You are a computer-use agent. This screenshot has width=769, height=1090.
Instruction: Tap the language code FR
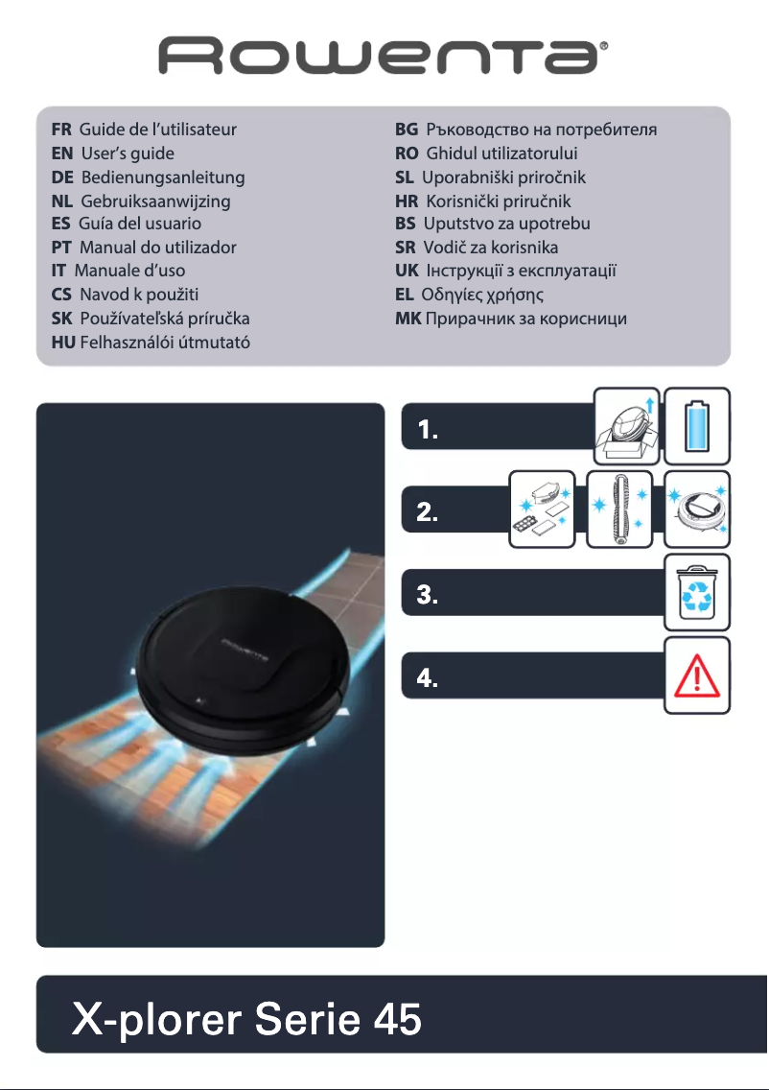coord(61,129)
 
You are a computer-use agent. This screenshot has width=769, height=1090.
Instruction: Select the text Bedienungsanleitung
coord(163,178)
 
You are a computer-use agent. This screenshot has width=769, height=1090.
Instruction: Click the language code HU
coord(63,342)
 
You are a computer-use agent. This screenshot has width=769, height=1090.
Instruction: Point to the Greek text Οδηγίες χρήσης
coord(483,294)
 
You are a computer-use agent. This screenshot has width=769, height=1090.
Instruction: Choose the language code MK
coord(408,318)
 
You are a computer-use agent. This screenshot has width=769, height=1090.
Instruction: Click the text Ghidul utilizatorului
coord(501,153)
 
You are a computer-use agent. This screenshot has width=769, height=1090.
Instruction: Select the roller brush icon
coord(619,509)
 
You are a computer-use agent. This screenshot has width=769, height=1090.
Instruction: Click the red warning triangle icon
coord(698,675)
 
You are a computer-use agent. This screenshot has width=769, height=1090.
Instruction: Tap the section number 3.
coord(429,596)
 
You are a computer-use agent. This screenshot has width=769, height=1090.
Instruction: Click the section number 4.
coord(429,679)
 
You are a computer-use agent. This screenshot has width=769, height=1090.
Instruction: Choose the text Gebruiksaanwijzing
coord(155,201)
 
